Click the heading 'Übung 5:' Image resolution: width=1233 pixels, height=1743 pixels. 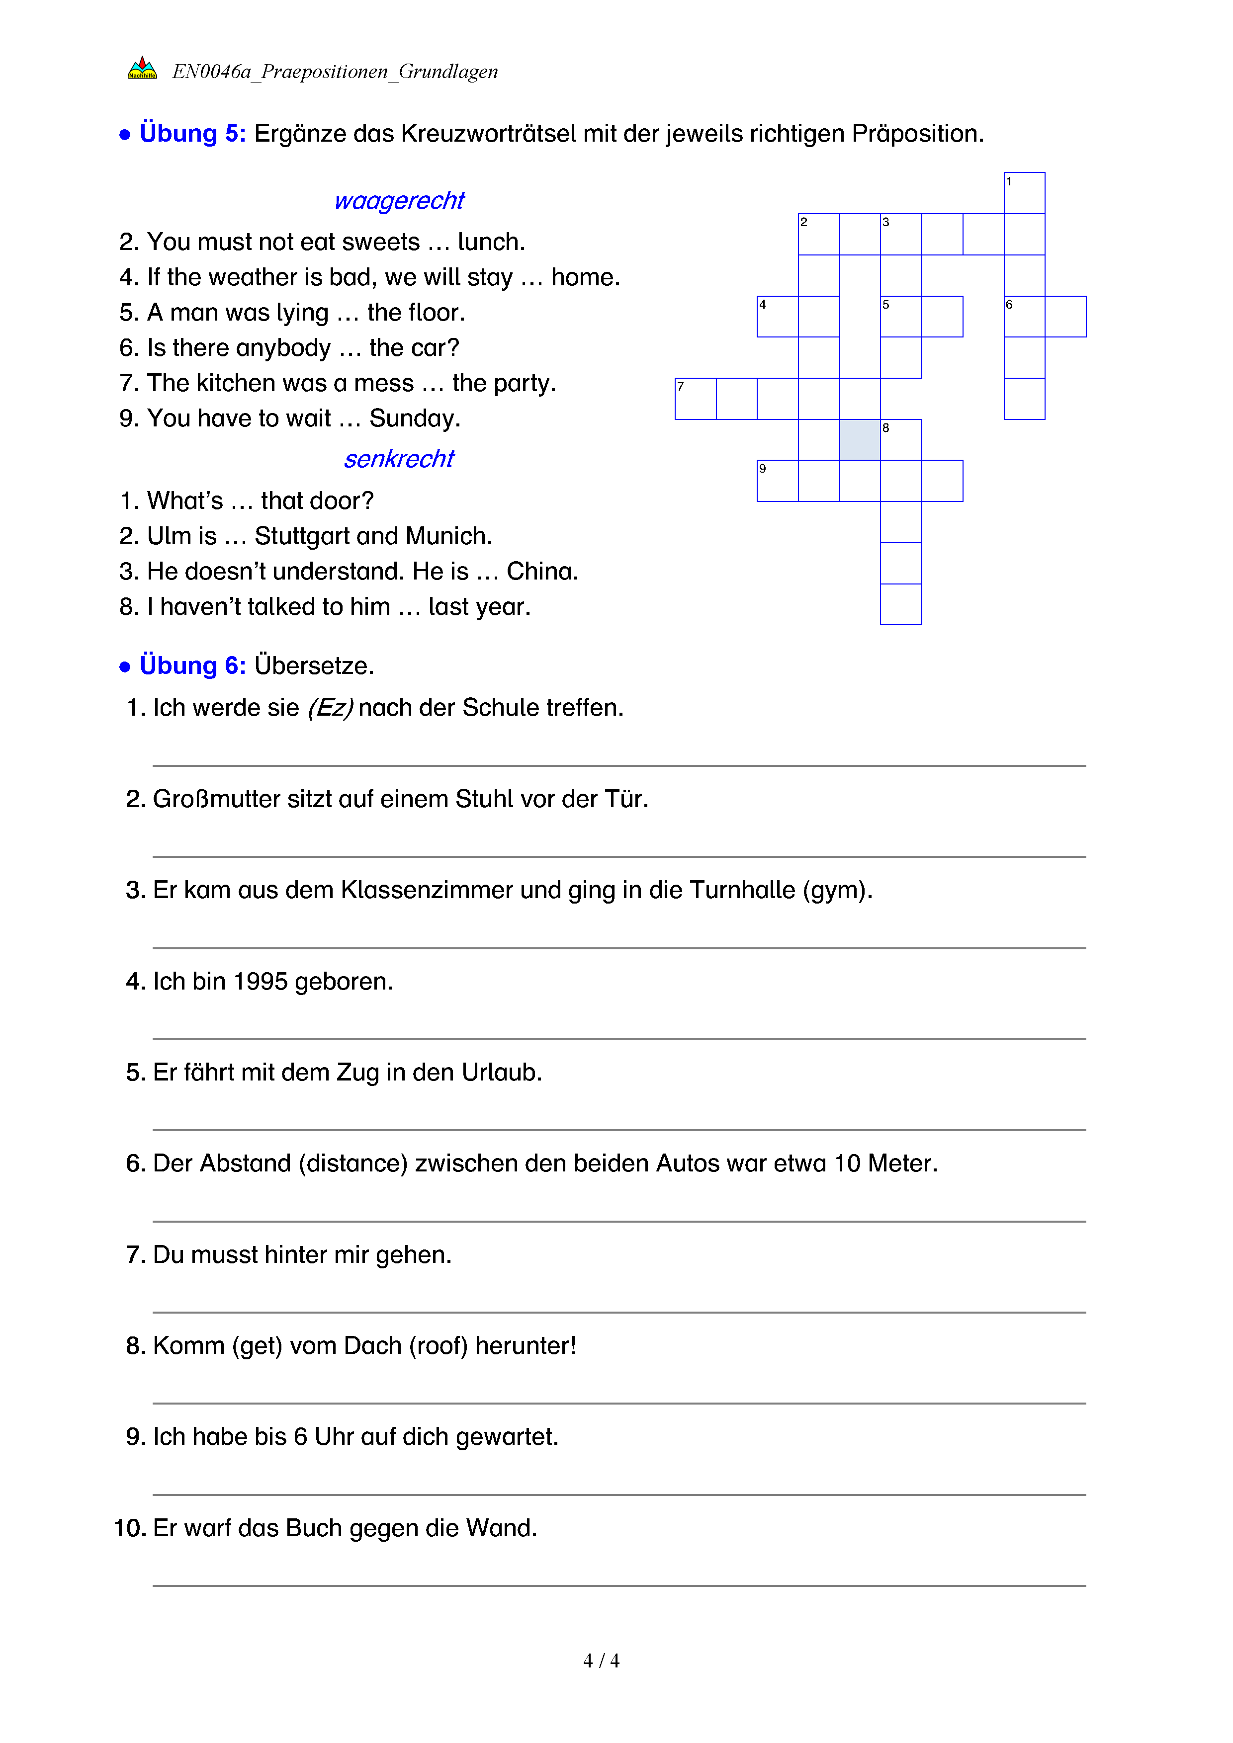(192, 134)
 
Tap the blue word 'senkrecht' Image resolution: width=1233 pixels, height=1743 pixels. (399, 459)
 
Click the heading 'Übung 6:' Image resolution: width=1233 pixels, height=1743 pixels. (192, 666)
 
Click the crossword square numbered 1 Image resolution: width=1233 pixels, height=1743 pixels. (1024, 193)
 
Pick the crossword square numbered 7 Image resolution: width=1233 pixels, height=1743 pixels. (696, 399)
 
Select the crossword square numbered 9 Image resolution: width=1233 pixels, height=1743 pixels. (778, 481)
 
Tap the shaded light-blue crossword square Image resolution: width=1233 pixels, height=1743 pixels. (860, 439)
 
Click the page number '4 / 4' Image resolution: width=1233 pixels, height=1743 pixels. (601, 1661)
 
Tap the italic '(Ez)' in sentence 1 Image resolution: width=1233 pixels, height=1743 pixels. (330, 708)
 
